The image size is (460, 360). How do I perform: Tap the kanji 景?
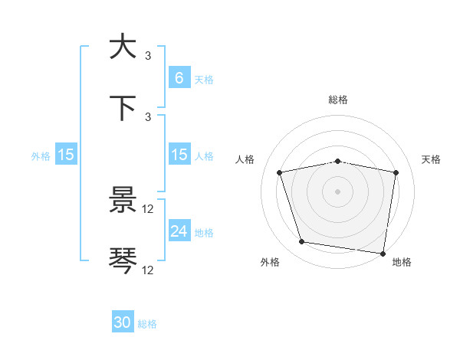coord(123,201)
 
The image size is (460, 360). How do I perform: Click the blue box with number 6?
coord(179,77)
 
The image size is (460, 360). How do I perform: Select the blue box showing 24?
coord(179,231)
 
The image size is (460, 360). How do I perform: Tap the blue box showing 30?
coord(123,322)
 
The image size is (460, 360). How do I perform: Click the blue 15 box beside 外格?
coord(65,155)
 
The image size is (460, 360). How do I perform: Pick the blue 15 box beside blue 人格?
coord(179,155)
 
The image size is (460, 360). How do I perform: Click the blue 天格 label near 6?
coord(204,79)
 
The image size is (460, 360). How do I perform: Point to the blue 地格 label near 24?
coord(204,233)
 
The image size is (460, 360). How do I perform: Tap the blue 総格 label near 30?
coord(147,324)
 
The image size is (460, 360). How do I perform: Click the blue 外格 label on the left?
coord(41,156)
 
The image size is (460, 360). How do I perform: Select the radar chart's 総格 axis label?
coord(338,100)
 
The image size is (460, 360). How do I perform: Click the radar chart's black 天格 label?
coord(432,159)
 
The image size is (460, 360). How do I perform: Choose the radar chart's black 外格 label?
coord(270,262)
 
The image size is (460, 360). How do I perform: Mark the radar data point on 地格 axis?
coord(383,253)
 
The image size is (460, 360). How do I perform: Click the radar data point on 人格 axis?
coord(280,172)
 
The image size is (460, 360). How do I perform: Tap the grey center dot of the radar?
coord(338,191)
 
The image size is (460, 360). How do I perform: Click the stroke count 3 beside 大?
coord(148,55)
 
